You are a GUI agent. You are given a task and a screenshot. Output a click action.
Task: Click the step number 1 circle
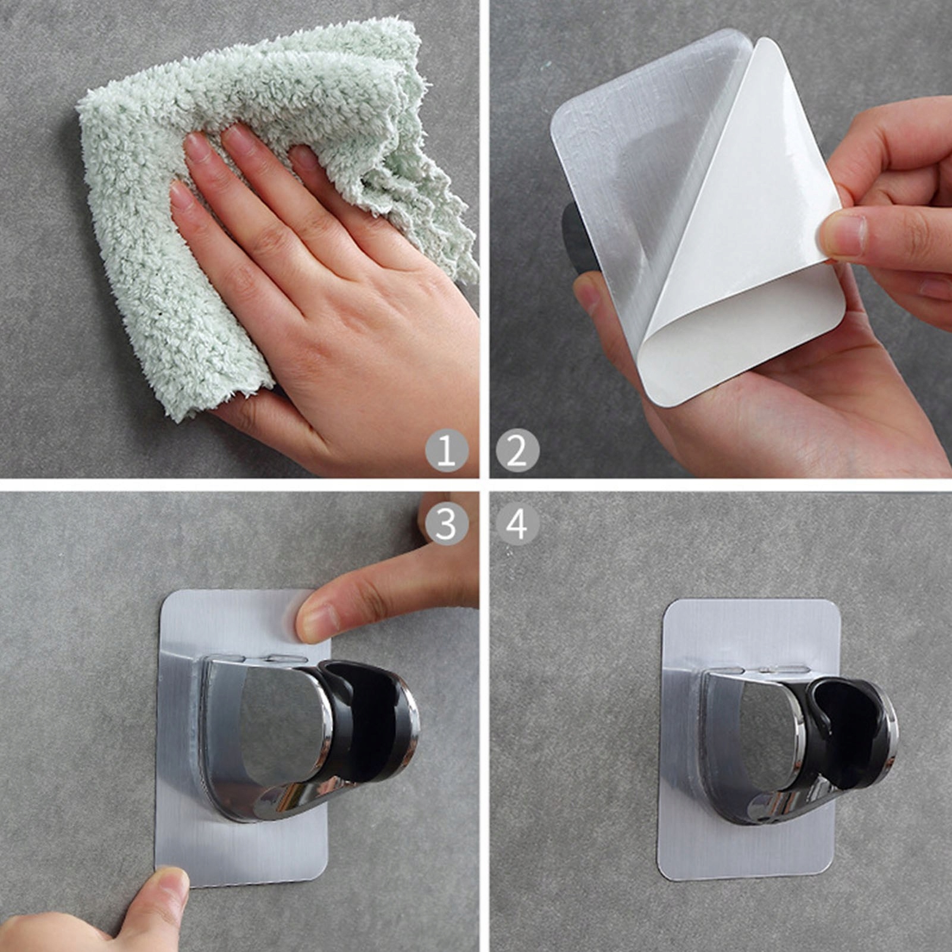click(447, 450)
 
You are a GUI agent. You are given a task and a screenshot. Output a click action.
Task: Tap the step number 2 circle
click(517, 450)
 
